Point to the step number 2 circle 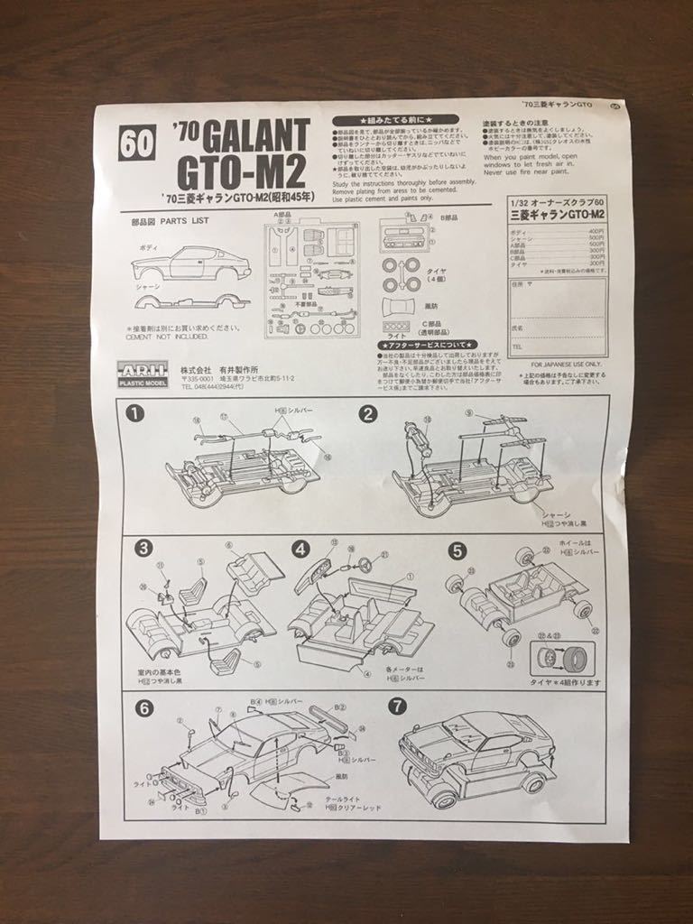tap(367, 414)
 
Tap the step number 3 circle tap(143, 548)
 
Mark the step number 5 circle tap(457, 550)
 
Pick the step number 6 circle tap(144, 708)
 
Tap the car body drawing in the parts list tap(190, 263)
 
